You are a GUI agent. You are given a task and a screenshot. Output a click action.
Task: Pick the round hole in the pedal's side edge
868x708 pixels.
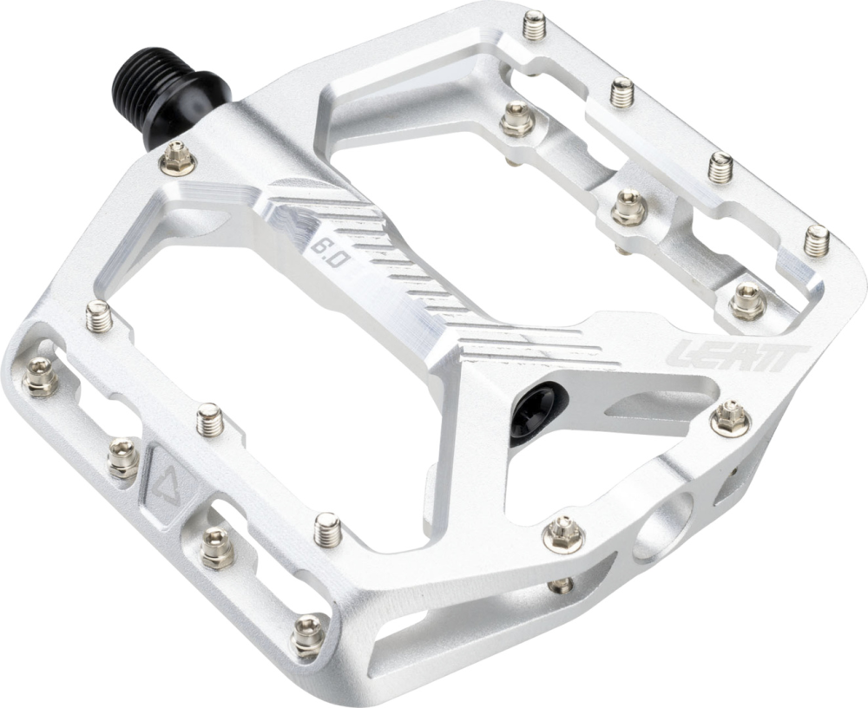pyautogui.click(x=663, y=528)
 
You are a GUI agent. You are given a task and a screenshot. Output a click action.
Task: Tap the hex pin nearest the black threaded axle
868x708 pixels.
pyautogui.click(x=179, y=159)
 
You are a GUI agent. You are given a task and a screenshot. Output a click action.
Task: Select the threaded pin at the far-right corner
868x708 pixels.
pyautogui.click(x=816, y=239)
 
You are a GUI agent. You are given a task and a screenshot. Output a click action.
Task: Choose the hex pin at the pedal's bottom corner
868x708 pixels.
pyautogui.click(x=308, y=635)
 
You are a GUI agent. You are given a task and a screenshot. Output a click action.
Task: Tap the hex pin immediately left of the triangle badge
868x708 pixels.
pyautogui.click(x=122, y=457)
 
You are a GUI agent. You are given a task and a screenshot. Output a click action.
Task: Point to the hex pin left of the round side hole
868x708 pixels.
pyautogui.click(x=562, y=532)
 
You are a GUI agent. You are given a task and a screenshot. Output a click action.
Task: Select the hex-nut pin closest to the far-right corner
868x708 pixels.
pyautogui.click(x=746, y=300)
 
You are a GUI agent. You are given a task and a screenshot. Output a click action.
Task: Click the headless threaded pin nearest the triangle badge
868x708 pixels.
pyautogui.click(x=210, y=419)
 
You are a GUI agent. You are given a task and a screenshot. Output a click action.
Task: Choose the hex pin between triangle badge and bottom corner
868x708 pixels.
pyautogui.click(x=216, y=548)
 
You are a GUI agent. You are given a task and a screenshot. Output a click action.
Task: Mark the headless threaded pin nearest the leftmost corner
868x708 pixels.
pyautogui.click(x=101, y=315)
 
